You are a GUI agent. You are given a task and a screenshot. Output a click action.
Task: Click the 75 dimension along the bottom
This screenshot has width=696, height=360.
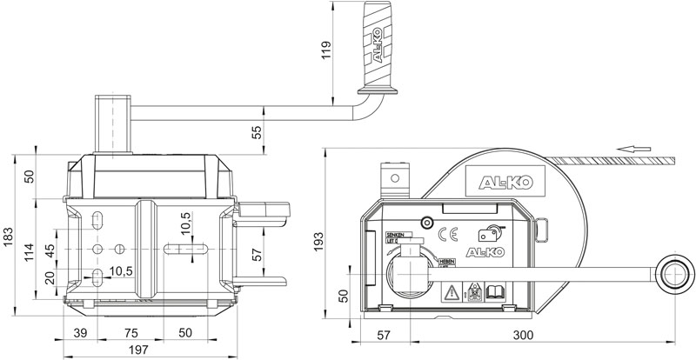(x=131, y=333)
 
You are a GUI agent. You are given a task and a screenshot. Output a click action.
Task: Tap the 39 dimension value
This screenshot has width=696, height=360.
(x=79, y=333)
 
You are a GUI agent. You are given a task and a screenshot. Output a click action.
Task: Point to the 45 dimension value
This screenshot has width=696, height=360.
(x=50, y=250)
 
